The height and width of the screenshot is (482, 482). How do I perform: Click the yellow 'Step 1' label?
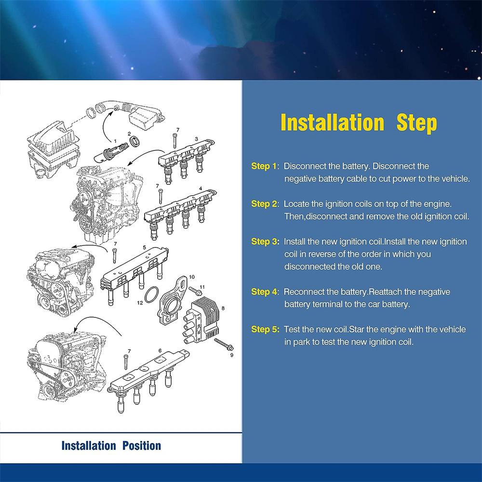264,166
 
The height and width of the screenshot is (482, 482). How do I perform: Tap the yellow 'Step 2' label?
264,204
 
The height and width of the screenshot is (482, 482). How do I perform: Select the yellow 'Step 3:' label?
265,241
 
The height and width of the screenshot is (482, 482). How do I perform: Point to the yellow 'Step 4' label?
264,292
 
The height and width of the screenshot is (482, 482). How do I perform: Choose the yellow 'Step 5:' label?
265,330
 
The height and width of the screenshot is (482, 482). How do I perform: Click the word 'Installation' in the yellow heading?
332,122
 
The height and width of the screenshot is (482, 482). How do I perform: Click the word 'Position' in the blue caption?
142,446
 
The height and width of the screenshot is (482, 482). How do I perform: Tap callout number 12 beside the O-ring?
140,303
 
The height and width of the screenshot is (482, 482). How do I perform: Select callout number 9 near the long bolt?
232,355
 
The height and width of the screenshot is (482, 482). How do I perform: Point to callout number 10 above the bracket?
192,277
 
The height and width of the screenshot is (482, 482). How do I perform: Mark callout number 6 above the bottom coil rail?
160,351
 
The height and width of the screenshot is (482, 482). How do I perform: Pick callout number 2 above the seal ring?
129,134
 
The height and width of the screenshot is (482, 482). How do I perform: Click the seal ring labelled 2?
135,142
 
